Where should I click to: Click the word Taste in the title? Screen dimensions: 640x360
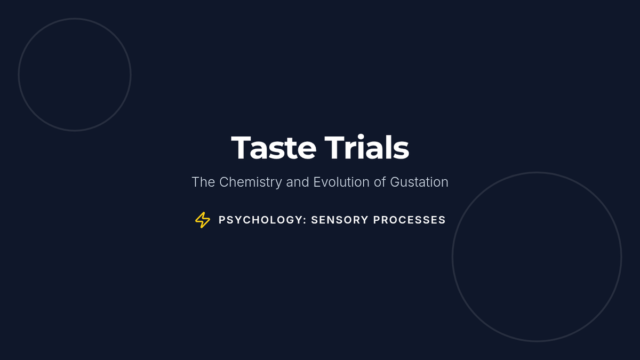coord(274,147)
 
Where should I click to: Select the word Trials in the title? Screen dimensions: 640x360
coord(366,147)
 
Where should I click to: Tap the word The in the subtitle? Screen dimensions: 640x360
coord(203,182)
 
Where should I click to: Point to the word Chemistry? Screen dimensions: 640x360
coord(251,182)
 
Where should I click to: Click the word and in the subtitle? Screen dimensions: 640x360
coord(298,182)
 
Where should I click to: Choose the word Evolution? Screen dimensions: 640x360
coord(341,182)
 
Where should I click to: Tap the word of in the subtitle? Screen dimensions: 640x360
coord(380,182)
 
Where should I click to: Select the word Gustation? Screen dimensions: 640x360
coord(419,182)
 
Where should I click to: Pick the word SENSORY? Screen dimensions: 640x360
coord(340,220)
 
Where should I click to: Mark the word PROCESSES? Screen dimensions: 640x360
coord(410,220)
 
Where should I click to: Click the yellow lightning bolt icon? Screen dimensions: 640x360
coord(203,220)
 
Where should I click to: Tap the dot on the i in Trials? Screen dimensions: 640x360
coord(361,137)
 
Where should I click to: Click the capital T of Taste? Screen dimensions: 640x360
coord(241,147)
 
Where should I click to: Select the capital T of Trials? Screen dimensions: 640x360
coord(334,147)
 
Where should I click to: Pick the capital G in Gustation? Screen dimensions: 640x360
coord(395,182)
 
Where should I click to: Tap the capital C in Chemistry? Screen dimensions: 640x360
coord(224,182)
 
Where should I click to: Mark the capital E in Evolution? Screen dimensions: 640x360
coord(317,182)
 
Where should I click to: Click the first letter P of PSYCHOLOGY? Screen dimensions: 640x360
coord(222,220)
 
